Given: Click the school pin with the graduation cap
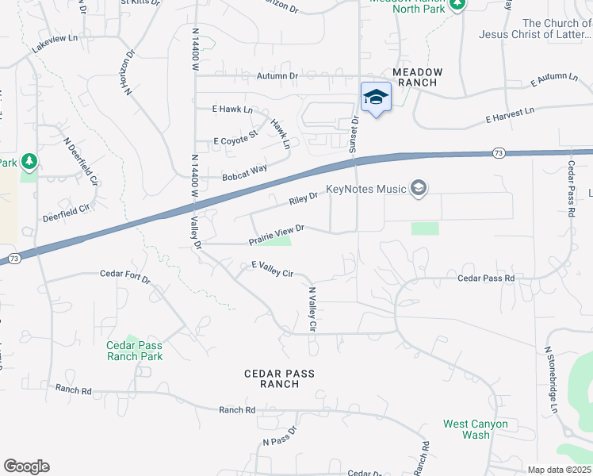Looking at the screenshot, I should [376, 98].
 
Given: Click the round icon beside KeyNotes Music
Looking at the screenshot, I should [419, 188].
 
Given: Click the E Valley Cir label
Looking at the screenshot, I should [273, 269].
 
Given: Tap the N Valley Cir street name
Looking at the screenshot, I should [312, 309].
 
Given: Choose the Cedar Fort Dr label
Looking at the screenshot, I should [124, 274].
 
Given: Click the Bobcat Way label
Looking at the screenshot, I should [244, 172].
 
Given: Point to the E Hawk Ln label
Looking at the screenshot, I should [232, 109].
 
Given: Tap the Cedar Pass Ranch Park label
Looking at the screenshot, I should [135, 351].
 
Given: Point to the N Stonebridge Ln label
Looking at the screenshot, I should [551, 382].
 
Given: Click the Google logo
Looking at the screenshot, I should [26, 466].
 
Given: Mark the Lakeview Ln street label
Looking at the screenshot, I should [55, 44].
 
